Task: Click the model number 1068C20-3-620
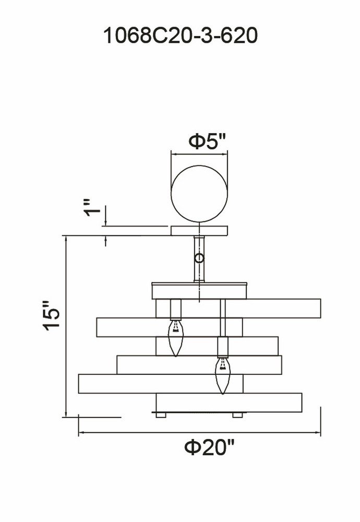point(181,35)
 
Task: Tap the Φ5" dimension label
point(207,142)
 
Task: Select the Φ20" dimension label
point(209,448)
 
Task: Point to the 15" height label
point(52,315)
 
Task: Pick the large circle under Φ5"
point(199,194)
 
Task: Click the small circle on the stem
point(199,258)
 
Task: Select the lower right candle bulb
point(223,375)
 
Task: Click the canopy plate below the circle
point(199,231)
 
